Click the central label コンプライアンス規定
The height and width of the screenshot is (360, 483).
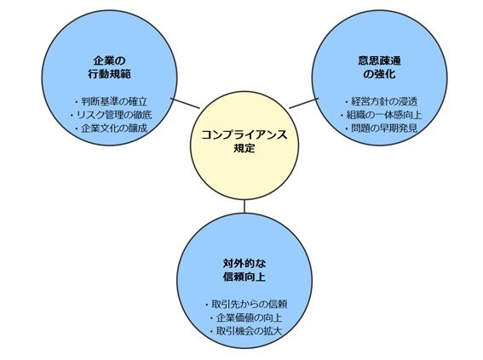click(x=244, y=141)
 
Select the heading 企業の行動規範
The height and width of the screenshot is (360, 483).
click(x=110, y=67)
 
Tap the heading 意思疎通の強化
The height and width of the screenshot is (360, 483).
click(x=379, y=67)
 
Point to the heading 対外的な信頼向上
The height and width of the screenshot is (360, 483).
click(x=244, y=270)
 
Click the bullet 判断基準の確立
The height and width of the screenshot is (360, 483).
click(x=112, y=101)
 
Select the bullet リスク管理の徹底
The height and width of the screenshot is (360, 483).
click(x=112, y=115)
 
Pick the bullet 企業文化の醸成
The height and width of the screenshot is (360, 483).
click(x=112, y=129)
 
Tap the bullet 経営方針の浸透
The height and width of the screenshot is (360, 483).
click(x=382, y=101)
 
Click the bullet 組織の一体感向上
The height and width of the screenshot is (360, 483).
click(x=382, y=115)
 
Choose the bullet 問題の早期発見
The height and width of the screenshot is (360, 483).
click(x=382, y=129)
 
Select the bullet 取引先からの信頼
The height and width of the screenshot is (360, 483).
click(x=246, y=304)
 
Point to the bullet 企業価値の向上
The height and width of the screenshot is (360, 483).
click(x=246, y=317)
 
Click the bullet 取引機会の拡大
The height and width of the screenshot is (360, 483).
click(x=246, y=331)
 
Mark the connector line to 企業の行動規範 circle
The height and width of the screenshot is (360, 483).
click(x=185, y=103)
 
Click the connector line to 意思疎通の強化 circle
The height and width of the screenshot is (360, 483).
click(x=304, y=103)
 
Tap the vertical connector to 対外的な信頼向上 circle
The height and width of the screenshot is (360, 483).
click(x=244, y=207)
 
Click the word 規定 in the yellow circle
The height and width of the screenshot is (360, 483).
click(x=244, y=148)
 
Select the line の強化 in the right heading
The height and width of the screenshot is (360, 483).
click(x=379, y=74)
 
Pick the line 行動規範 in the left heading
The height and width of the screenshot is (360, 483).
click(x=110, y=74)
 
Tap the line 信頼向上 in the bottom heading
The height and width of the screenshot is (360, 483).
click(x=244, y=277)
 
